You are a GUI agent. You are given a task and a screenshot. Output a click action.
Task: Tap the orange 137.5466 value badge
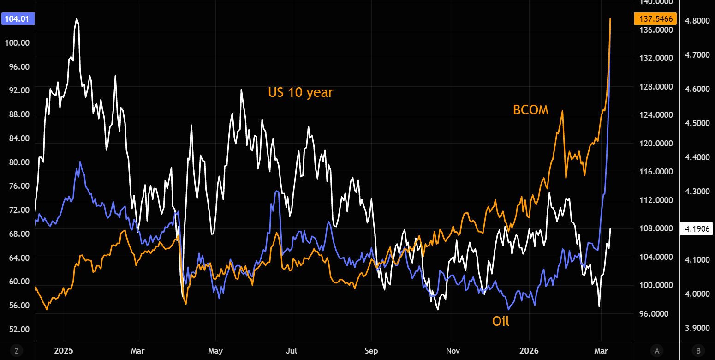point(655,19)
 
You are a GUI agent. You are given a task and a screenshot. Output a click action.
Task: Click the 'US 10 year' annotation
point(300,92)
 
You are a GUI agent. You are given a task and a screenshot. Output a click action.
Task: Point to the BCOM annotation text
point(530,110)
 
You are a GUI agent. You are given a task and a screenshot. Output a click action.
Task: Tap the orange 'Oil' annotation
point(500,321)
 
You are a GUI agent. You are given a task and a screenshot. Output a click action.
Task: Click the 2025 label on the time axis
point(64,351)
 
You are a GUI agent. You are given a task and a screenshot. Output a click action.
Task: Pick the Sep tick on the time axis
point(371,351)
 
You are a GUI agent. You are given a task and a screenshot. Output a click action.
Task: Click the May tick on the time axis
point(215,351)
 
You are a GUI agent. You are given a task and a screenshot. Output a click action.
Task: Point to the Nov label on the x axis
point(453,351)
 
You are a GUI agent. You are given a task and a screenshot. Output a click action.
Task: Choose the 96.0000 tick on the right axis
point(655,314)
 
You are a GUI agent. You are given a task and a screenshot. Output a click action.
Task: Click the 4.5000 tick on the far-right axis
point(696,123)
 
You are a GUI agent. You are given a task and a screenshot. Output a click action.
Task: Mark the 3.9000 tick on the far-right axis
point(696,328)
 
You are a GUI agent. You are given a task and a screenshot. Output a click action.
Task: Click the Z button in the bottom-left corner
point(17,351)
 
